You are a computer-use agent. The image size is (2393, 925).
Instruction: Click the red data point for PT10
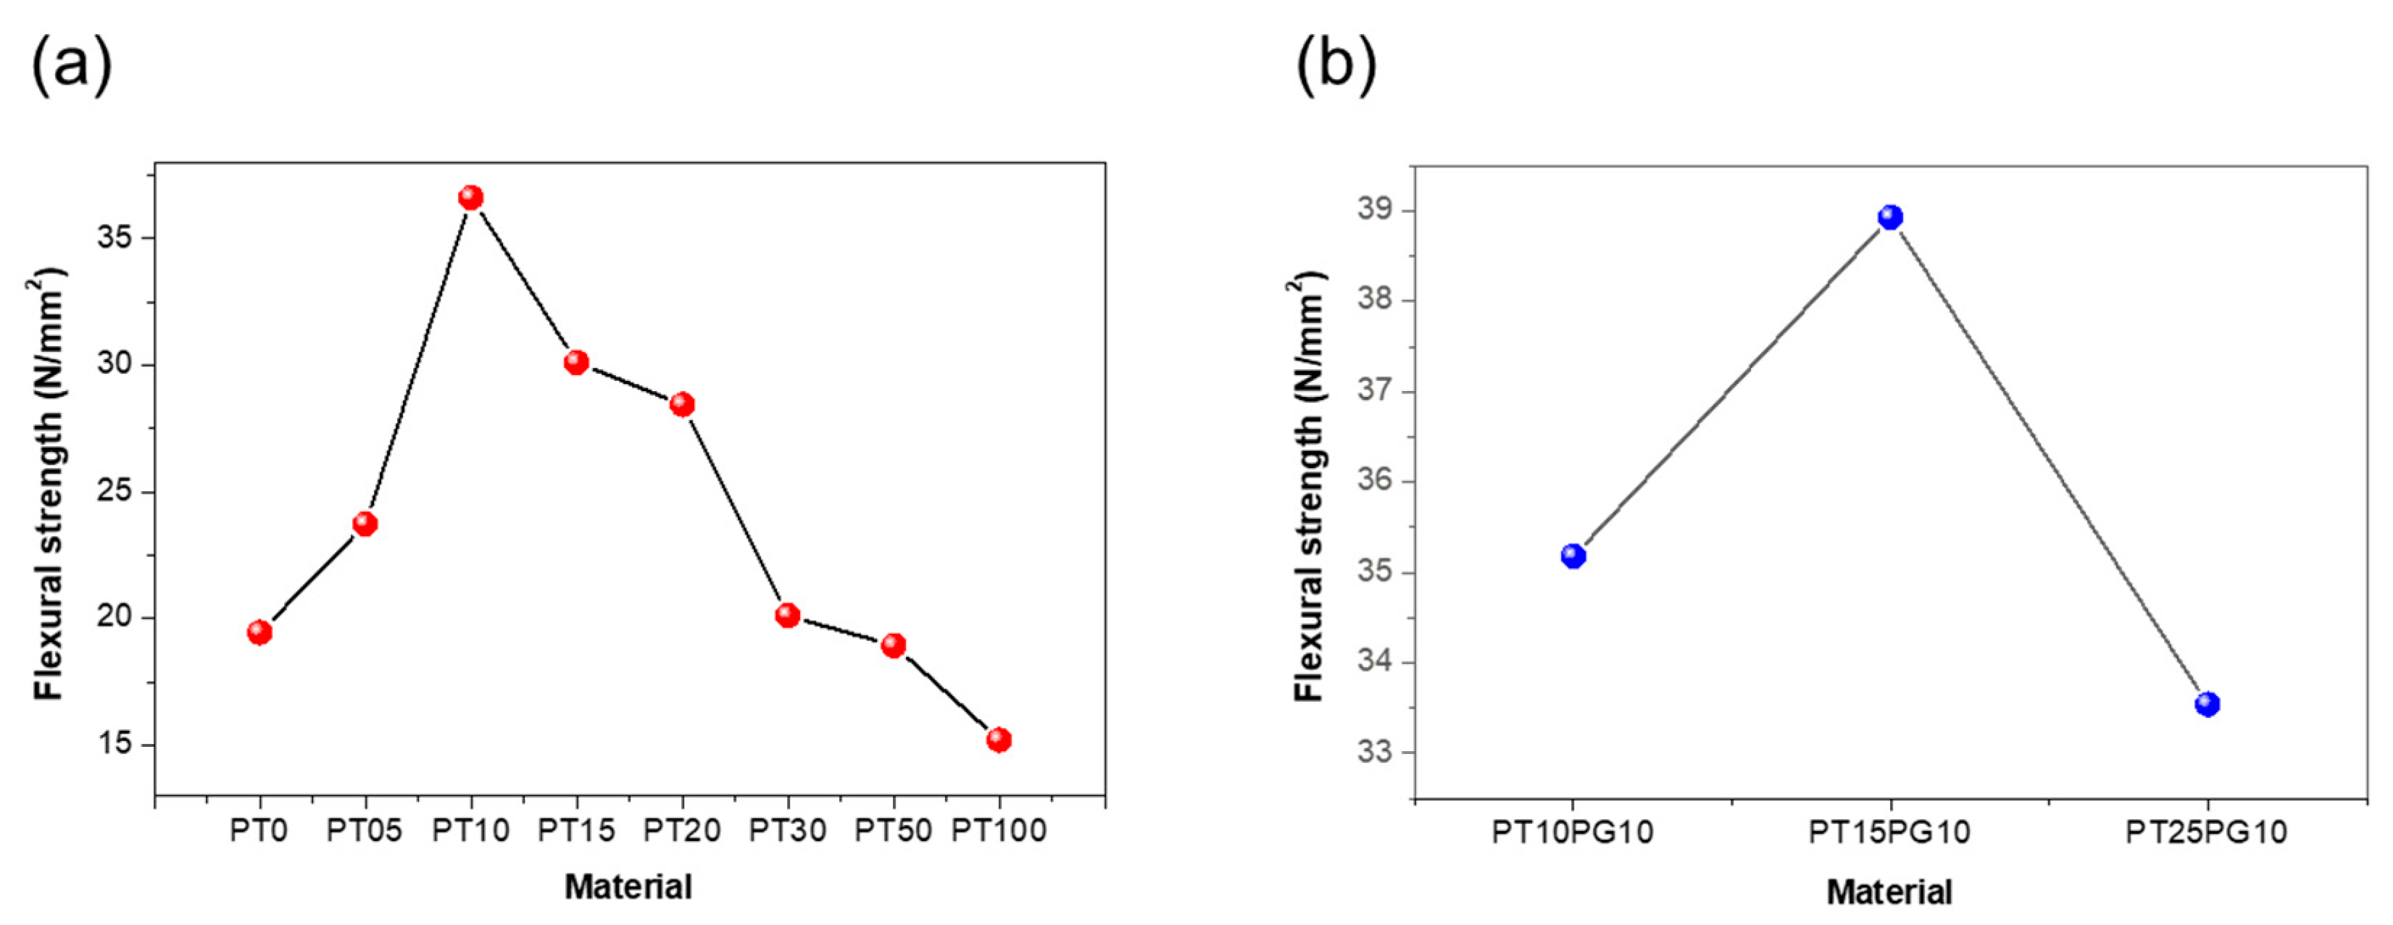471,198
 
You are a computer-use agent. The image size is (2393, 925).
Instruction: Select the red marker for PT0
260,632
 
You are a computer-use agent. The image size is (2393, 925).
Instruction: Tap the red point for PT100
999,740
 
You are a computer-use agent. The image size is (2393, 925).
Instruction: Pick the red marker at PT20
683,404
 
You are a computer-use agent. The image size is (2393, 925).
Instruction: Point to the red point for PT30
788,615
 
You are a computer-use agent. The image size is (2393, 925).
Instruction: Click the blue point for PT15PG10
1891,217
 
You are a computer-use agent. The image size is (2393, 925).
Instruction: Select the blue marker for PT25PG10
2207,704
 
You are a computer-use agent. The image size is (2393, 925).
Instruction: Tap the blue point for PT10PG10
1573,556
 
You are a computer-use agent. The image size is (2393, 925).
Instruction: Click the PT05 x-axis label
364,830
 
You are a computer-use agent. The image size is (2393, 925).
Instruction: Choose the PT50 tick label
893,830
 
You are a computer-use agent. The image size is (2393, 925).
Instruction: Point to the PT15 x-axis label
576,830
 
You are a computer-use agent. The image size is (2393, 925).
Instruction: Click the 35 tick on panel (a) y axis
115,237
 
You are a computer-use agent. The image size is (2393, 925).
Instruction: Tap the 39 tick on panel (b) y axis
1376,210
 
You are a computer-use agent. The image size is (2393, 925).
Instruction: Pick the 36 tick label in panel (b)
1376,480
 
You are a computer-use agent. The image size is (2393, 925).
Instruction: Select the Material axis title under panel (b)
1889,892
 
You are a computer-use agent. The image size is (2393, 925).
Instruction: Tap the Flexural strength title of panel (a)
49,483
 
